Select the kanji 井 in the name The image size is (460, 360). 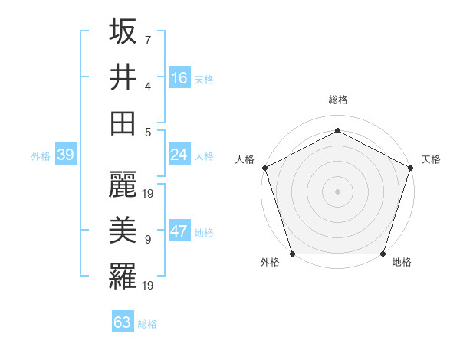(x=123, y=77)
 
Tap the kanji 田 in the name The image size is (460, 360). (x=123, y=123)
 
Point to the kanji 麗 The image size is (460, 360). (x=123, y=185)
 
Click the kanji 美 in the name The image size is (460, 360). (x=123, y=231)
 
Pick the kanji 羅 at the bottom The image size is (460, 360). (x=123, y=277)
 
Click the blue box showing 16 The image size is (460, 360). (x=179, y=78)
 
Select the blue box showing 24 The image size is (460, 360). (x=179, y=155)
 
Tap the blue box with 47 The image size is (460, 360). (x=179, y=232)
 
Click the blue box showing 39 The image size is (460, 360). (x=65, y=155)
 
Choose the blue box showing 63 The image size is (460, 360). (x=122, y=322)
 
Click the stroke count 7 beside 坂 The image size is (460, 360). (x=147, y=40)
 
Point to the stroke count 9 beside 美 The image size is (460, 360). (x=147, y=240)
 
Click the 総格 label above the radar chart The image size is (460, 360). (x=337, y=100)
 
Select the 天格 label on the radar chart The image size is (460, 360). (x=431, y=159)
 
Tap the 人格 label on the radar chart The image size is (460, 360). (x=245, y=159)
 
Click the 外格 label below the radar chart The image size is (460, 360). (x=270, y=263)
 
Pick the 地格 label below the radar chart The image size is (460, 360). (x=402, y=263)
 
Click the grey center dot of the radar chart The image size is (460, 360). (x=337, y=191)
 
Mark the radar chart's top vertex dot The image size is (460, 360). (x=337, y=130)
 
